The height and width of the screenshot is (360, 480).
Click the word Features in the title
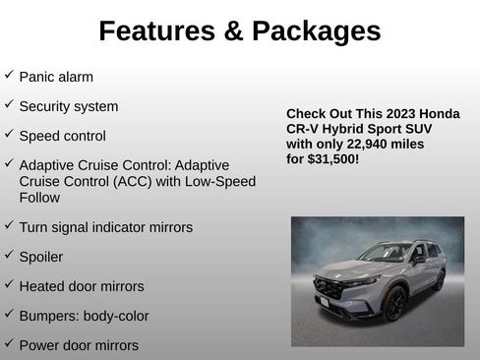[x=157, y=31]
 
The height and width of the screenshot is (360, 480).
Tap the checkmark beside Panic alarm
[x=9, y=74]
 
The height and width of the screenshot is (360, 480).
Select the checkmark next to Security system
[x=9, y=104]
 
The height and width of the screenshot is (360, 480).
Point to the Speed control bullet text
[x=62, y=136]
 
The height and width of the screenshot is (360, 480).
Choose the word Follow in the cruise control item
[x=39, y=198]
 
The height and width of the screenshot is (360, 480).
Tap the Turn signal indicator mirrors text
[x=105, y=227]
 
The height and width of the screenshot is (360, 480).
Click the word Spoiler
[x=41, y=257]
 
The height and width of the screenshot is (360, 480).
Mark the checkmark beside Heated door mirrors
[x=9, y=284]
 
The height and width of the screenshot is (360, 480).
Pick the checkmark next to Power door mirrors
[x=9, y=343]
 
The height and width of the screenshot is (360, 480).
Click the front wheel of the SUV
[x=395, y=305]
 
